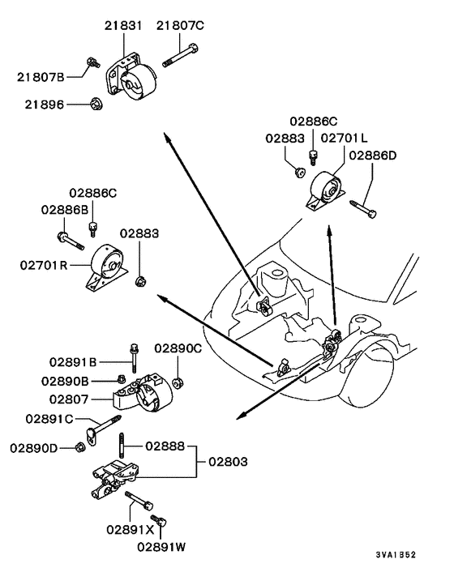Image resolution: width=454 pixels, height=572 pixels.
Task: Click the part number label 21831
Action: [x=123, y=26]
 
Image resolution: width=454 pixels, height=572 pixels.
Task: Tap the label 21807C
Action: [x=180, y=26]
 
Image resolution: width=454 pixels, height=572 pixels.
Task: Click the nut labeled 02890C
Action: [x=178, y=379]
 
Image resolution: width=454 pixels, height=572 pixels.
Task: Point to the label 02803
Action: [x=230, y=461]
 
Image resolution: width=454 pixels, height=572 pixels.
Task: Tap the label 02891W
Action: [x=162, y=547]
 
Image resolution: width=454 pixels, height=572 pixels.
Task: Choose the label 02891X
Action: [x=131, y=529]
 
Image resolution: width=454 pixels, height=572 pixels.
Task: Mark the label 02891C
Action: [x=49, y=419]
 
